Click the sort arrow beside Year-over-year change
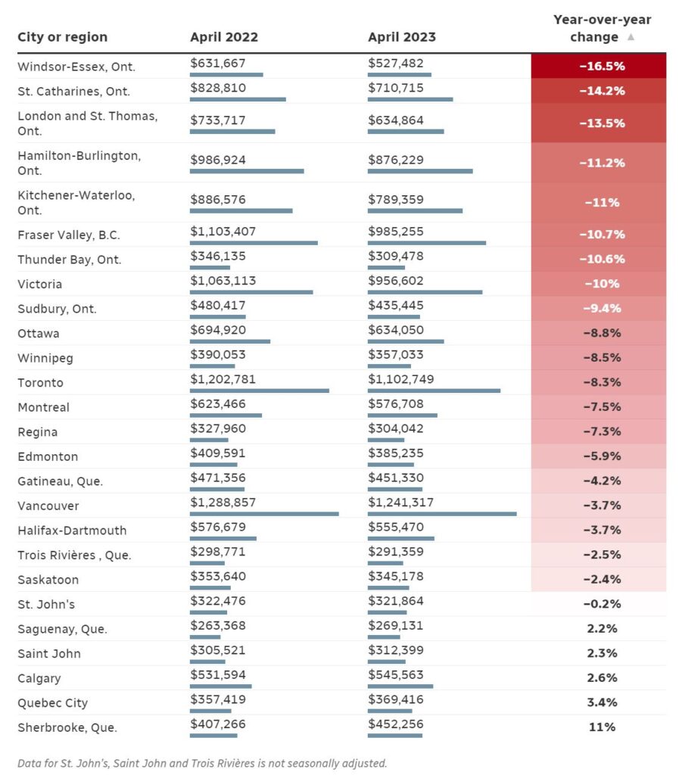[x=631, y=37]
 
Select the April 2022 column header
[x=224, y=37]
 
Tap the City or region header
[x=62, y=37]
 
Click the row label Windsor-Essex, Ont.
[x=76, y=67]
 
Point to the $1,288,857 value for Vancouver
[x=223, y=503]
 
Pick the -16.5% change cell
[x=599, y=66]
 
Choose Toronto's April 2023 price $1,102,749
[x=400, y=379]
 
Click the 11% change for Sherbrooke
[x=602, y=727]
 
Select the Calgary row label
[x=39, y=678]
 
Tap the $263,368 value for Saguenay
[x=218, y=625]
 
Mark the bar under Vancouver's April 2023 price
[x=442, y=514]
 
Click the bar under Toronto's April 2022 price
[x=260, y=391]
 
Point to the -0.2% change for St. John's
[x=602, y=604]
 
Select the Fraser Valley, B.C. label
[x=69, y=235]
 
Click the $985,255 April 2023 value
[x=396, y=232]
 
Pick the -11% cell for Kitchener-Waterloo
[x=599, y=202]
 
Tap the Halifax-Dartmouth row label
[x=72, y=531]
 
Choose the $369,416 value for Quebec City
[x=396, y=699]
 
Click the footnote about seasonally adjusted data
[x=202, y=763]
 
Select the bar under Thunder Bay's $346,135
[x=210, y=267]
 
